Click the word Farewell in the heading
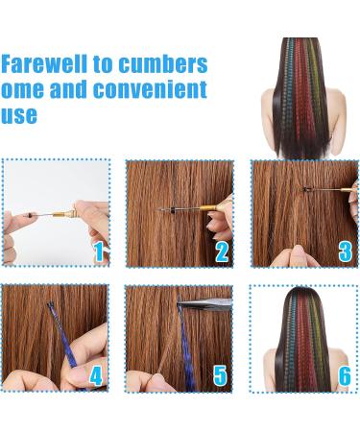click(x=41, y=65)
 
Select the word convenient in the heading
click(x=155, y=90)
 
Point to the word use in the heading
click(x=20, y=115)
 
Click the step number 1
click(x=98, y=252)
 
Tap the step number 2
click(x=222, y=252)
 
